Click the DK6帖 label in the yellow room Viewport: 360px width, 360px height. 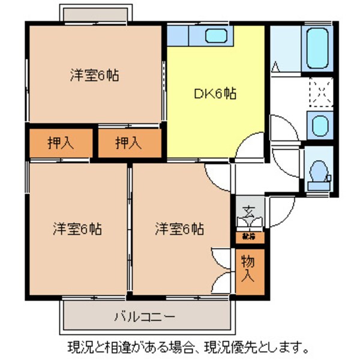pos(214,94)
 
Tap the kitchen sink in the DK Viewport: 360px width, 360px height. pos(215,36)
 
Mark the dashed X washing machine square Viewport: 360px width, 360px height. pos(319,91)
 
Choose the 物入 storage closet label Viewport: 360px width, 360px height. pos(248,270)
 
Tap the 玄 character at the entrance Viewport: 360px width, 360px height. pos(248,212)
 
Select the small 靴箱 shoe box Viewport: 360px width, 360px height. pos(248,236)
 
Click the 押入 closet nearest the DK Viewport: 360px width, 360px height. pos(130,143)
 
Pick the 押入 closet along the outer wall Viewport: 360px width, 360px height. pos(61,143)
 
